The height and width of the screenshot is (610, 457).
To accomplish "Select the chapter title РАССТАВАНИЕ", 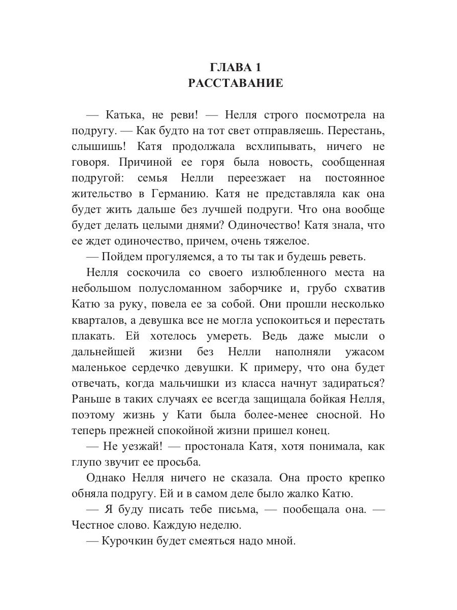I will point(236,83).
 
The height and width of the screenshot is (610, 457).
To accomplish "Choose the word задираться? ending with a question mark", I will point(346,384).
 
